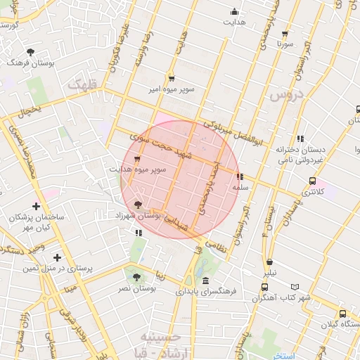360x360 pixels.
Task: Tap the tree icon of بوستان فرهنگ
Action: (30, 51)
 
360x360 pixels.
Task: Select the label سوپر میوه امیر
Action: (171, 89)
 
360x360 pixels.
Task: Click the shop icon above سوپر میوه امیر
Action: (171, 78)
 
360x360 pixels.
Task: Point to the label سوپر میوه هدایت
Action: (137, 169)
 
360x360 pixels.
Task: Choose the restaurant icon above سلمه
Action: (240, 177)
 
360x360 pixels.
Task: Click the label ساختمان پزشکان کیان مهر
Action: (37, 223)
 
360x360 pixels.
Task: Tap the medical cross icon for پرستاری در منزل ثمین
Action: (58, 257)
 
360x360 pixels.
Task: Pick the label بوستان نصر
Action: (136, 288)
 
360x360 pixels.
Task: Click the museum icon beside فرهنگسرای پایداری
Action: (205, 281)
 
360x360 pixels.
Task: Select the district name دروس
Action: (287, 94)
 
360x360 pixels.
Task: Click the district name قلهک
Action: (83, 84)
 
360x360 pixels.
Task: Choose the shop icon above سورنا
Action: (284, 33)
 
